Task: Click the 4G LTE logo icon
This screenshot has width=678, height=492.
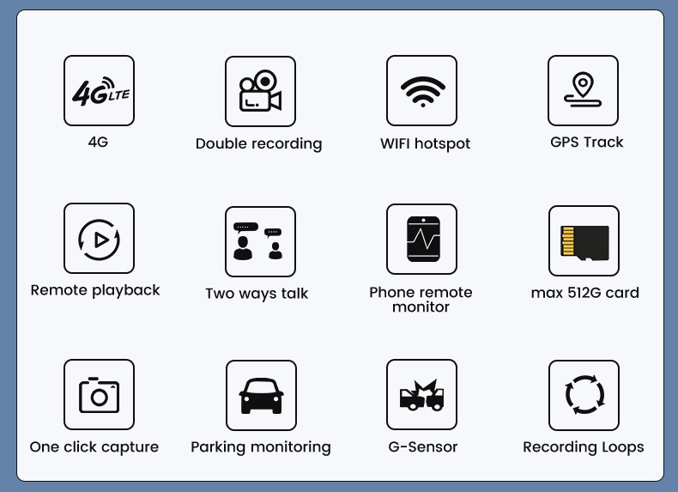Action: click(100, 91)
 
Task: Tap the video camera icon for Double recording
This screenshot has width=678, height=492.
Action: click(260, 90)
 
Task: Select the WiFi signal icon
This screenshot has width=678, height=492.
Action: click(422, 91)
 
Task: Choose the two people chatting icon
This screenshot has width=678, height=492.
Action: click(257, 241)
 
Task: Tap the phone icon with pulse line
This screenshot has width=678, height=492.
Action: click(423, 239)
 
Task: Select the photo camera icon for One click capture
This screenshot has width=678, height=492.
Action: click(99, 395)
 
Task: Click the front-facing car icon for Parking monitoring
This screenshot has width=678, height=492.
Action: click(261, 396)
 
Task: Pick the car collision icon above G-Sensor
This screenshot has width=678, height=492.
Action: click(421, 395)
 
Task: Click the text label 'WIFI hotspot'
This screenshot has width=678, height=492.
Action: click(425, 143)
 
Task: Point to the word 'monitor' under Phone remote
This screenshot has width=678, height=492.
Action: click(421, 307)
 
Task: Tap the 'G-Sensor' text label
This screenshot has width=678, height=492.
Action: click(423, 446)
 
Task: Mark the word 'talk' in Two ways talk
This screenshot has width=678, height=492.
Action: click(294, 294)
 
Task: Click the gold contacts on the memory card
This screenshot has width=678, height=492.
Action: click(568, 240)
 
